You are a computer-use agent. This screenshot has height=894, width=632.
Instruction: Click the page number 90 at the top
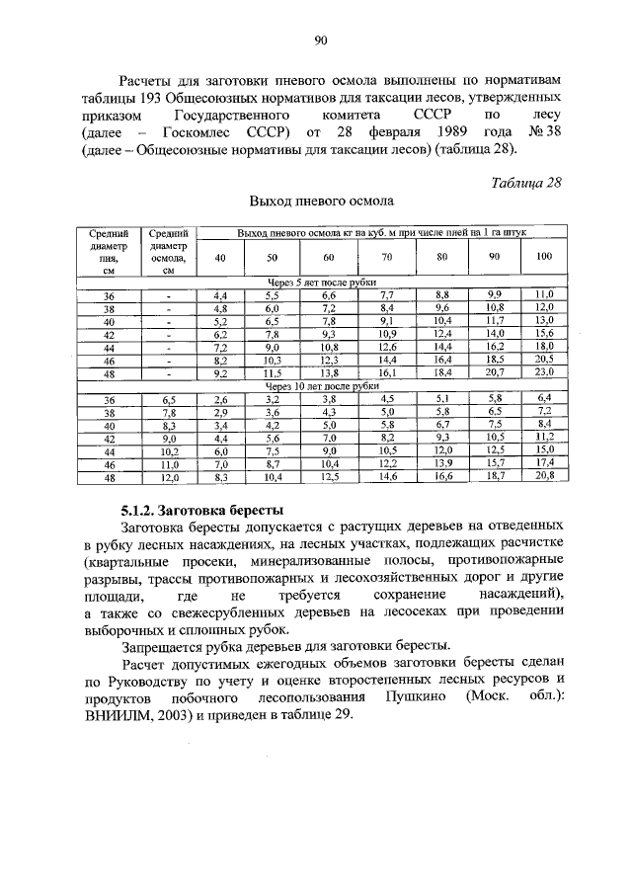320,41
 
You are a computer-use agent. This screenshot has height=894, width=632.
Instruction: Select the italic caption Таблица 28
527,182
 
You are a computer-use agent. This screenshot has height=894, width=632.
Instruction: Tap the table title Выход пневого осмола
321,202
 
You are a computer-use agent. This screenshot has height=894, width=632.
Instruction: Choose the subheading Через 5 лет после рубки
321,282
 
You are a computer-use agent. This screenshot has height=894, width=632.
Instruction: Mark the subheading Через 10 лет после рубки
321,386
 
